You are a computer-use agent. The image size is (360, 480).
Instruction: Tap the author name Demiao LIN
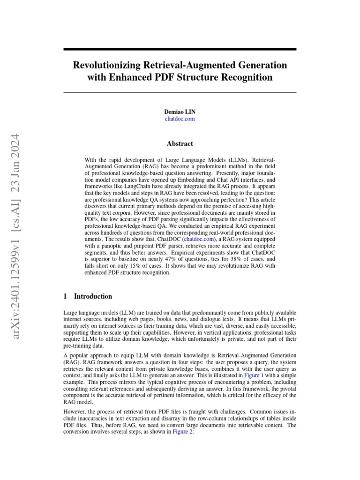[180, 112]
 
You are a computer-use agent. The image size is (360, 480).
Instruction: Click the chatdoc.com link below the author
[180, 119]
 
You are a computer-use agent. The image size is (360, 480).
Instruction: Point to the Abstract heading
[180, 144]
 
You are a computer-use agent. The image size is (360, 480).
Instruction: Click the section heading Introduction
[93, 296]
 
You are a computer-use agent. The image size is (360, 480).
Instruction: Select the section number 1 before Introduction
[65, 296]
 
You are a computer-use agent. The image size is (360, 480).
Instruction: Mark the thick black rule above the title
[180, 49]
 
